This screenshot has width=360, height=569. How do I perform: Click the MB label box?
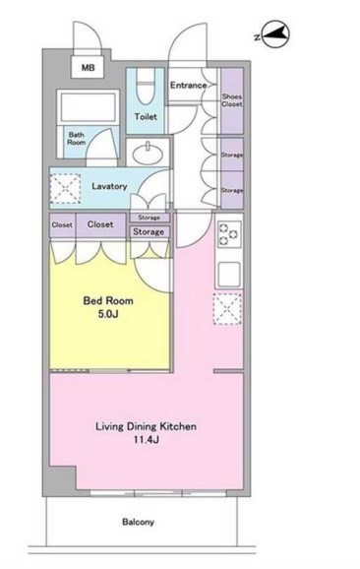(88, 67)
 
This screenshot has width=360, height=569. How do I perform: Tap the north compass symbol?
(275, 34)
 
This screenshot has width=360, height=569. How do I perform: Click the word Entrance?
(189, 86)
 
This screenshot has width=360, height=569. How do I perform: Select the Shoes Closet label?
(232, 100)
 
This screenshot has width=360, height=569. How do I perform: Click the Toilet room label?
(146, 116)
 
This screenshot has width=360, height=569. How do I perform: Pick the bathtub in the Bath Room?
(89, 107)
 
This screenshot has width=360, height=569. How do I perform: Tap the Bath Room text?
(77, 139)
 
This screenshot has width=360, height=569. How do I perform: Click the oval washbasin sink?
(148, 155)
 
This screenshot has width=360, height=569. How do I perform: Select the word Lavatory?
(109, 186)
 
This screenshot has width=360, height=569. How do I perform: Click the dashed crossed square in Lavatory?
(65, 188)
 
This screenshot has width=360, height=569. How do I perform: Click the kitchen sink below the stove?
(229, 274)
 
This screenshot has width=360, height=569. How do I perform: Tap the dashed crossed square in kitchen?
(227, 309)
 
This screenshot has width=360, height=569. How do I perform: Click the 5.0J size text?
(108, 314)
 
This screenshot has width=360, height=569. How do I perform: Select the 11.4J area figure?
(147, 440)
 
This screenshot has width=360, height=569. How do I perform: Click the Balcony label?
(138, 522)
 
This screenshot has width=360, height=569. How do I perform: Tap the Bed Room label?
(108, 300)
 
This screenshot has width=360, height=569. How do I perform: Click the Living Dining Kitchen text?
(147, 426)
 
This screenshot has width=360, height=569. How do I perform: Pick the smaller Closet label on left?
(62, 225)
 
